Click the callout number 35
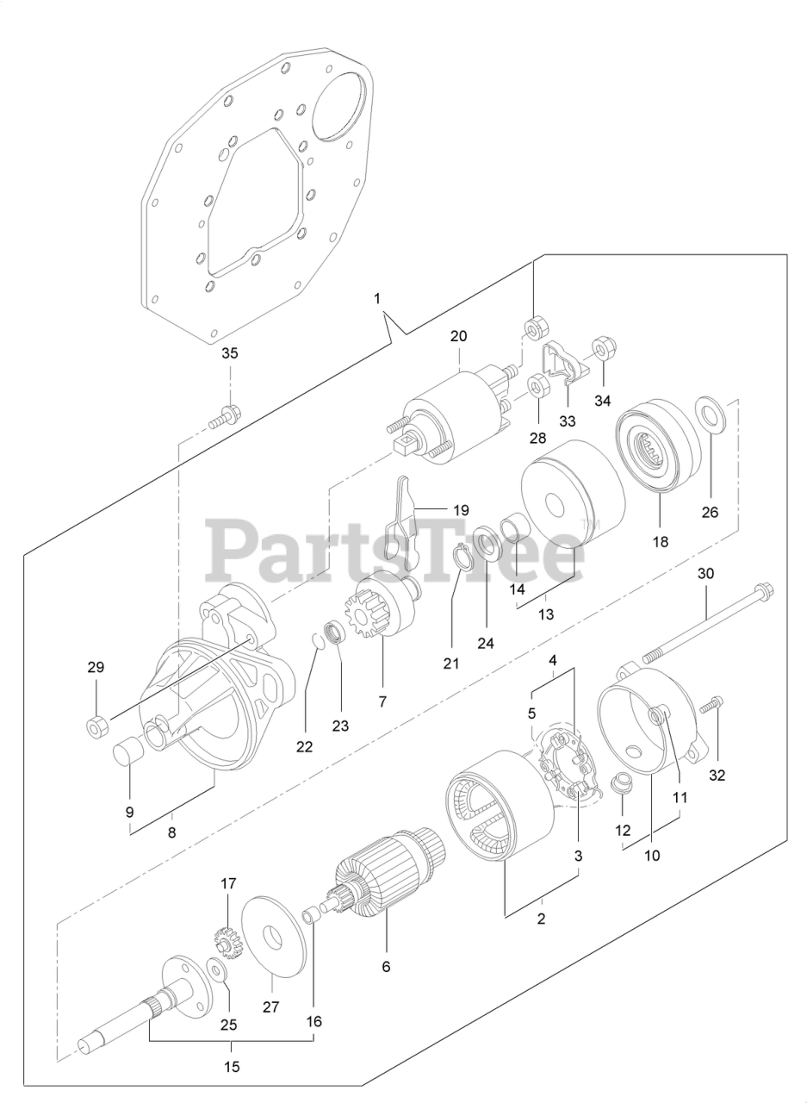point(229,353)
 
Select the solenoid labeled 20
point(451,412)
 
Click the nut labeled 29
point(97,726)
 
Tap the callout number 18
point(660,542)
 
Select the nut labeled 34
point(600,351)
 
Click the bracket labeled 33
point(562,363)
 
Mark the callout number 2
point(541,919)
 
